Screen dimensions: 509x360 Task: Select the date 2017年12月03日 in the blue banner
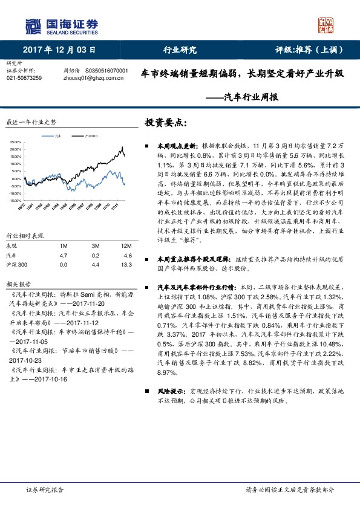click(59, 51)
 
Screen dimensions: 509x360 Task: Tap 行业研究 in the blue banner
click(180, 51)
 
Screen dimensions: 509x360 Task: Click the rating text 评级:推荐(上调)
click(308, 51)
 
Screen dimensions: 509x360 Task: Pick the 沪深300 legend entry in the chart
click(87, 136)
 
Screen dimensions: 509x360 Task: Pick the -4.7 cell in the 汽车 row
click(62, 256)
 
